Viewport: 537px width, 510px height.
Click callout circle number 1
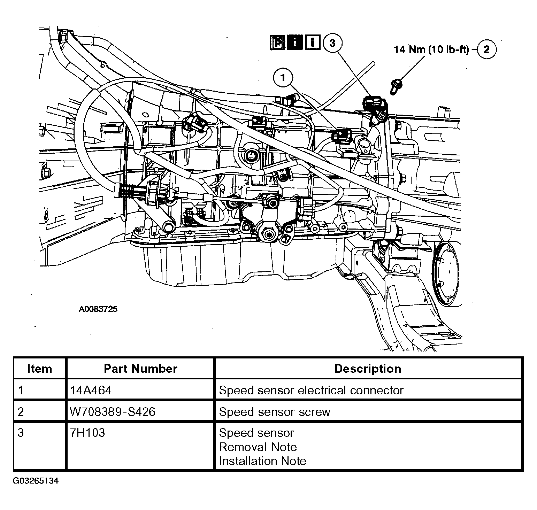[283, 78]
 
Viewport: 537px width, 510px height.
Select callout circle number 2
[486, 49]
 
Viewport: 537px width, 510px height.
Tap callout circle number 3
[332, 43]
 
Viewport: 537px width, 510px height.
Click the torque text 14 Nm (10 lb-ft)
[431, 49]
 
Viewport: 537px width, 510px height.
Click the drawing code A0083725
[98, 309]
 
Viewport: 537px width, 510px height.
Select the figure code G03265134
[36, 481]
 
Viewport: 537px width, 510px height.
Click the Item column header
[39, 369]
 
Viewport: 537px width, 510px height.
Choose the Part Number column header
[140, 369]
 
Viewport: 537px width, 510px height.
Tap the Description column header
[368, 369]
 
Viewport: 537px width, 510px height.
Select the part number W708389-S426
[113, 412]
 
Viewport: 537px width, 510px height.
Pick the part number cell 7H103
[87, 433]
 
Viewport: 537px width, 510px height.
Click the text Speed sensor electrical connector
[311, 390]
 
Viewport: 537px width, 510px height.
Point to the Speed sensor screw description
[274, 412]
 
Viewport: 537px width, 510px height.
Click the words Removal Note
[258, 447]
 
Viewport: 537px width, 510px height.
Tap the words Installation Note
[262, 461]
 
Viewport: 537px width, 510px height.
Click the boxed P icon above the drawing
[278, 43]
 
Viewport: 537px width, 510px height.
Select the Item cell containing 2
[21, 412]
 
